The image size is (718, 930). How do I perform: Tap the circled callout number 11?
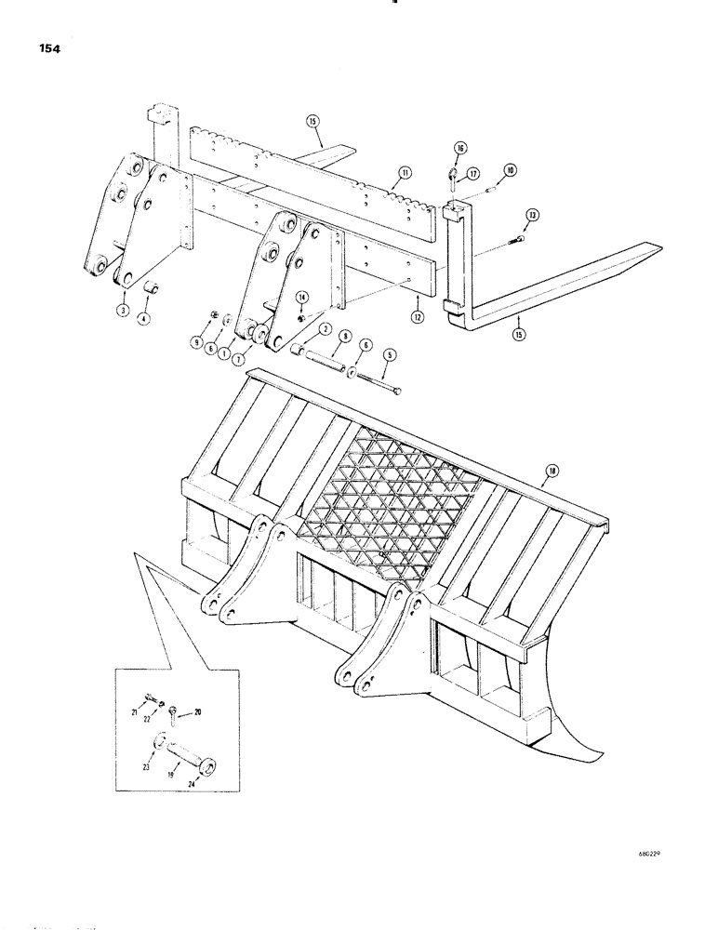pyautogui.click(x=406, y=173)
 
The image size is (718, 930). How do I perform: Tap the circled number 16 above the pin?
pyautogui.click(x=459, y=147)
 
